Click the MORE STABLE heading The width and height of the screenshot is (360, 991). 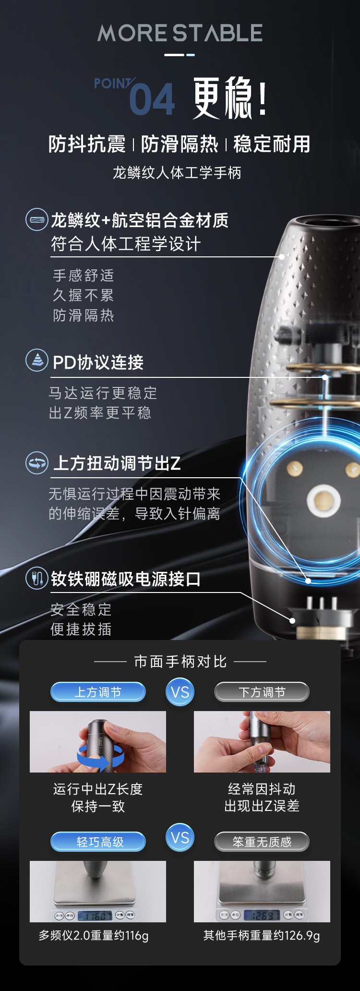(x=180, y=33)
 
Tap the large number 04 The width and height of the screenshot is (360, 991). (x=152, y=99)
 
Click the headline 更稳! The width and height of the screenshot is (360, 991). (x=229, y=98)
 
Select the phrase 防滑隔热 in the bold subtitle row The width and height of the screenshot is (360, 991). (x=180, y=144)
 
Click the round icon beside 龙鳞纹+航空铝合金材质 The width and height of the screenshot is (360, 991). (x=37, y=220)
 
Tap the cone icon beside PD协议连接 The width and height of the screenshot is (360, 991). (x=37, y=361)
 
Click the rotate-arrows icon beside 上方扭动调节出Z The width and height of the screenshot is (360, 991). (x=37, y=463)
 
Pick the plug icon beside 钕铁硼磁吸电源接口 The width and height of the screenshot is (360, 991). (x=37, y=578)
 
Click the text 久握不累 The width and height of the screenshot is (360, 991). (x=84, y=295)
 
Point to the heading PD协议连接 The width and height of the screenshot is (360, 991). (x=98, y=363)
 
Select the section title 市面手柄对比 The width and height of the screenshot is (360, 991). (x=180, y=662)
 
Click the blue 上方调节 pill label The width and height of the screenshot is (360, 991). (x=98, y=692)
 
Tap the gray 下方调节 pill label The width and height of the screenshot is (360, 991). (x=262, y=692)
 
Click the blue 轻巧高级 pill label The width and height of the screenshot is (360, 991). (x=98, y=842)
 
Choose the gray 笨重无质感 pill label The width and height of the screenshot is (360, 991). (x=262, y=842)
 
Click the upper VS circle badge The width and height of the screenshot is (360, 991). (x=180, y=692)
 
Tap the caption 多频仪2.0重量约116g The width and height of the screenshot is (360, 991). (x=94, y=935)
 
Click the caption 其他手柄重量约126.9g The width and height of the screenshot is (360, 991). (x=262, y=935)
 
